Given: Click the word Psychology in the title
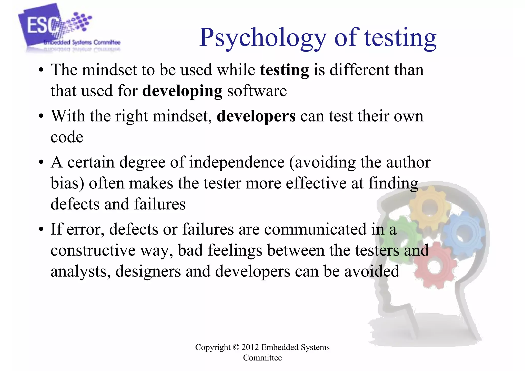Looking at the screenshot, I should point(263,38).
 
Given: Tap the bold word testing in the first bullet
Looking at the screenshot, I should point(284,70).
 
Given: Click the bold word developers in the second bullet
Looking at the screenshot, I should point(256,116).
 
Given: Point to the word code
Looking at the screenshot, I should point(67,137).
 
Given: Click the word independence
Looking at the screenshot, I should point(237,163).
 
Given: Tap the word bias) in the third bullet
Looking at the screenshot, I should point(67,184).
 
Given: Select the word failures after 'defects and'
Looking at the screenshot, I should point(160,204).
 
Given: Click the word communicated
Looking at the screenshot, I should point(315,229).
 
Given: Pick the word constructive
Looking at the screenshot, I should point(93,250).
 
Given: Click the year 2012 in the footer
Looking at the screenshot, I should point(250,347).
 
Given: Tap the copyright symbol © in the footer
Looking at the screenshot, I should point(236,347).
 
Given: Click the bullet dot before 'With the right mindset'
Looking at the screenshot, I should point(41,117).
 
